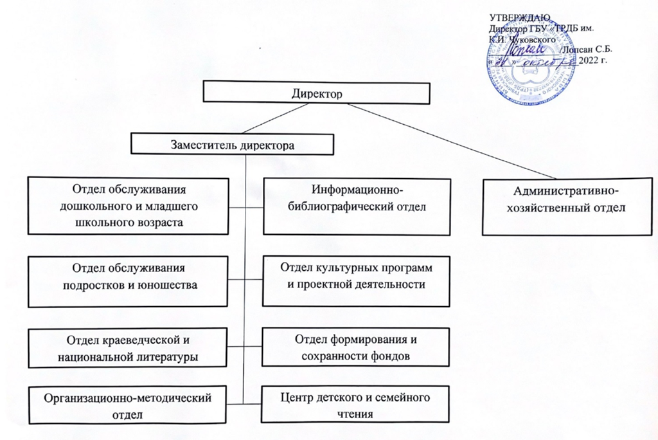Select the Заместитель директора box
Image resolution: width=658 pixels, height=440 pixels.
(x=233, y=144)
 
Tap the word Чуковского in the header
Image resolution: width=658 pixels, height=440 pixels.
(x=531, y=40)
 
